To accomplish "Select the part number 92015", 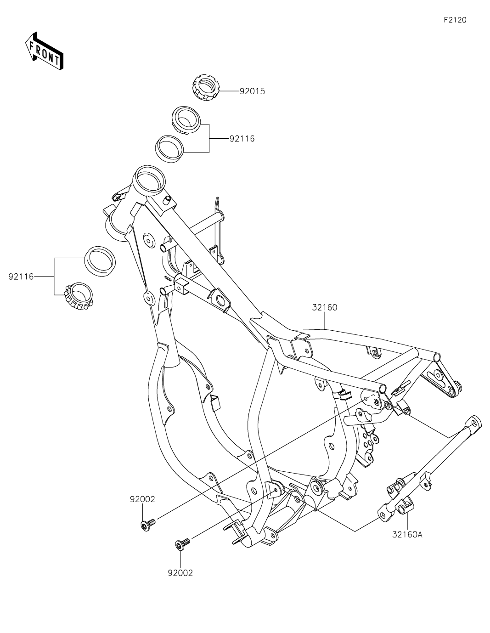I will point(252,91).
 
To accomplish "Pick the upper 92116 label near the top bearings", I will point(242,138).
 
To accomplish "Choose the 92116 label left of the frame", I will point(21,277).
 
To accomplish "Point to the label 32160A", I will point(407,534).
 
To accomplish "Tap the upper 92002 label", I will point(142,499).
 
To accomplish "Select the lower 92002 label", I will point(180,573).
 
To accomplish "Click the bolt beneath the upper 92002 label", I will point(148,524).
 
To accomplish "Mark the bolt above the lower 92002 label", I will point(182,545).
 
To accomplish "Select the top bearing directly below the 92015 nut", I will point(186,120).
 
